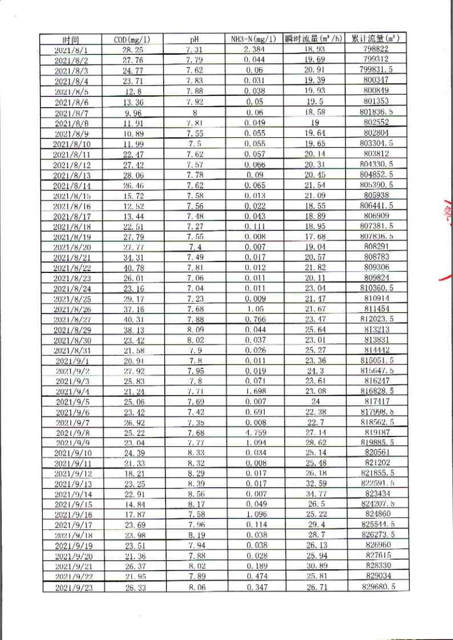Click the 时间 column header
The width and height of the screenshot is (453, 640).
tap(71, 40)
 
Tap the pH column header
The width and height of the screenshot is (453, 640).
tap(193, 39)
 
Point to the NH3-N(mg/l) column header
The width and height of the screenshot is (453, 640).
tap(255, 39)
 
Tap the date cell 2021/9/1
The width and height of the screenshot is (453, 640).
tap(71, 360)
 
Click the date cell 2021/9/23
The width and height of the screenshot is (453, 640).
tap(71, 587)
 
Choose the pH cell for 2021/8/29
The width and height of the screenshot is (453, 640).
tap(195, 329)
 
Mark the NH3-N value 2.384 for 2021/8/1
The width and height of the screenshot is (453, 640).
tap(254, 50)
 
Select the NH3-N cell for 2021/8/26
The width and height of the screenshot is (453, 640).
tap(254, 309)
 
